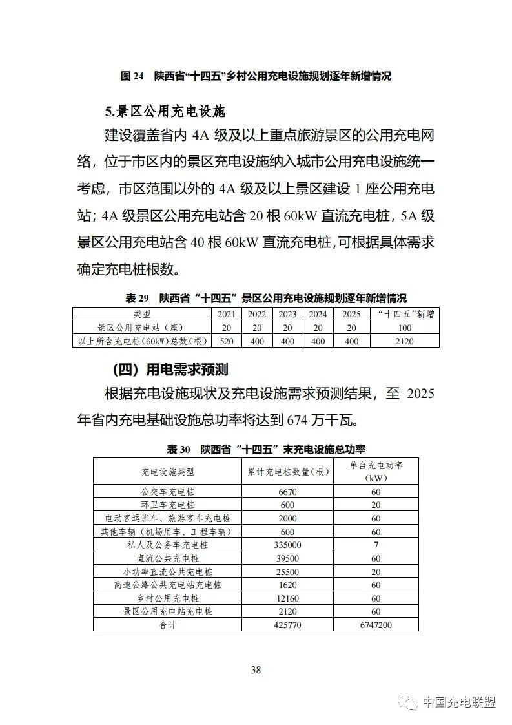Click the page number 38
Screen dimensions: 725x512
pyautogui.click(x=256, y=669)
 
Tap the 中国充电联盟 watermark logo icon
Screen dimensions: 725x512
pyautogui.click(x=408, y=702)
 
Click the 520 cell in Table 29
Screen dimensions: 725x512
pyautogui.click(x=226, y=341)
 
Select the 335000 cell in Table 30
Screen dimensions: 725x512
pyautogui.click(x=288, y=545)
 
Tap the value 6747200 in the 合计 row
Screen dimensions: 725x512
pyautogui.click(x=376, y=625)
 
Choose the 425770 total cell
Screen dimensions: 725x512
pyautogui.click(x=288, y=625)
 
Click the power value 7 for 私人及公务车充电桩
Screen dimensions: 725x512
pyautogui.click(x=376, y=545)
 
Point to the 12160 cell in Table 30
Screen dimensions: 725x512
pyautogui.click(x=288, y=598)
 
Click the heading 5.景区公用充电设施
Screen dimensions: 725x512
pyautogui.click(x=165, y=111)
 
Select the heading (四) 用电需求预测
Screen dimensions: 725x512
pyautogui.click(x=170, y=370)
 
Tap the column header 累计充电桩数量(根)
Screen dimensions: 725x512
pyautogui.click(x=288, y=472)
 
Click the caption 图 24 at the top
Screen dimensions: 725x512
pyautogui.click(x=132, y=76)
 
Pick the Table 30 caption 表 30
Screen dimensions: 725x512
pyautogui.click(x=179, y=449)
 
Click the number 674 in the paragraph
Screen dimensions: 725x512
pyautogui.click(x=298, y=421)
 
